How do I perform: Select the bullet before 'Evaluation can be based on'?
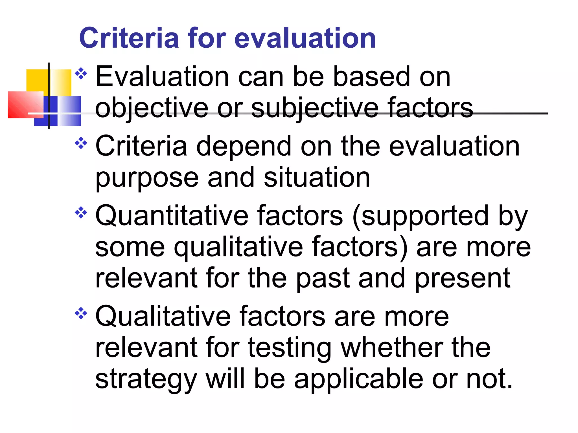coord(81,74)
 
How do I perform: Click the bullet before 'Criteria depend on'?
coord(81,143)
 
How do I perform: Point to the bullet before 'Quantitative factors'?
coord(81,213)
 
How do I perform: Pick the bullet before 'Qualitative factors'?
coord(81,313)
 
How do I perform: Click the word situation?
coord(317,177)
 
